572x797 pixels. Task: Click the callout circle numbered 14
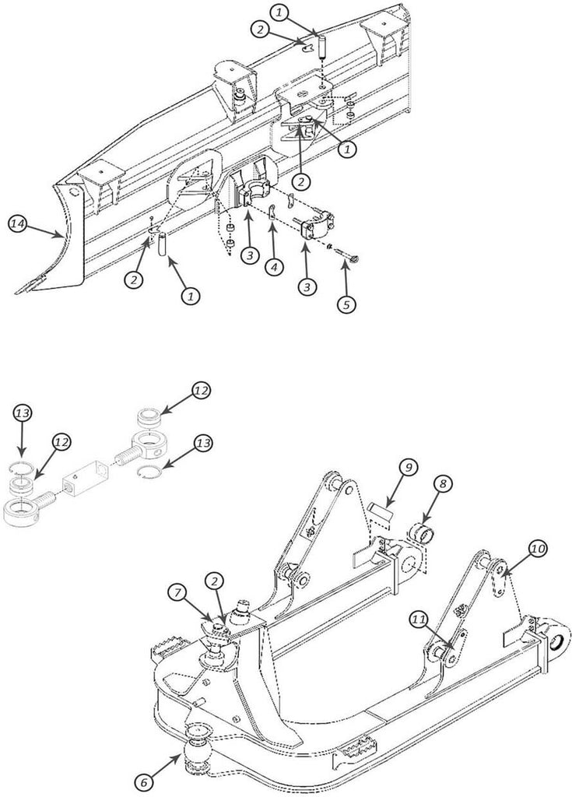tap(19, 224)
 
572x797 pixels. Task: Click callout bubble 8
tap(442, 484)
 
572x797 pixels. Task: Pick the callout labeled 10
tap(539, 549)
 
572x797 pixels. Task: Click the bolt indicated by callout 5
tap(344, 253)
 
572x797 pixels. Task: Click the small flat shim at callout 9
tap(381, 511)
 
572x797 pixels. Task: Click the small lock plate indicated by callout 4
tap(272, 212)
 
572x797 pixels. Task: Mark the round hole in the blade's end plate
tap(72, 191)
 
